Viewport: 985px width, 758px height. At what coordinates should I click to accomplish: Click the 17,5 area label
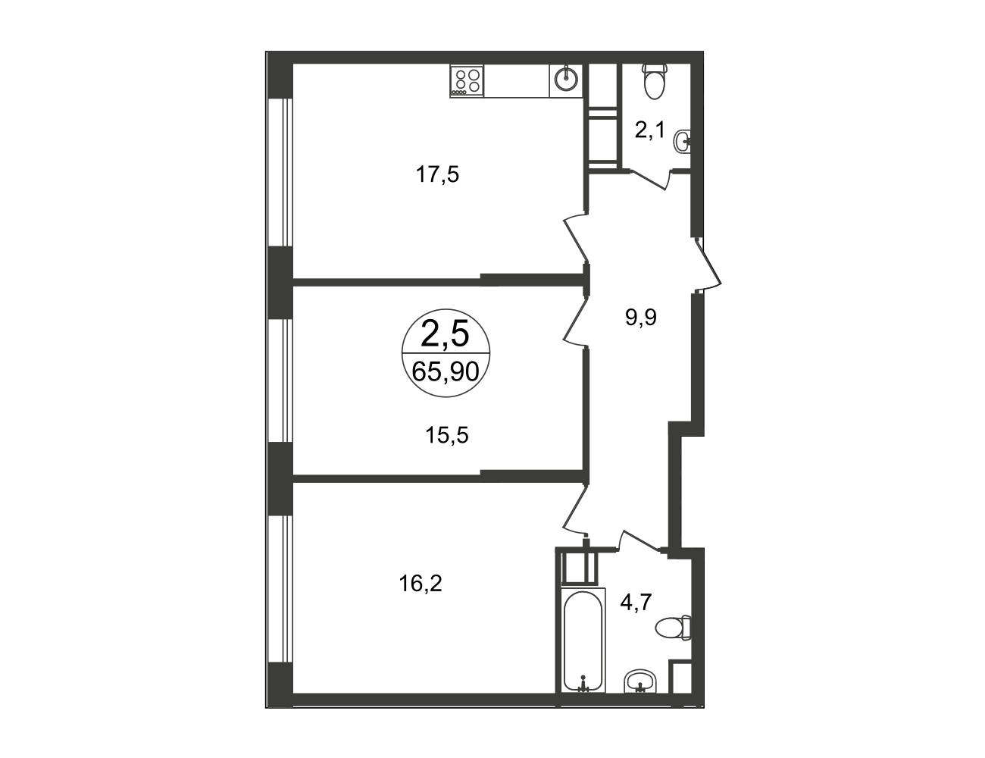coord(437,174)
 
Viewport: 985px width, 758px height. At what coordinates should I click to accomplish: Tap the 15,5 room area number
coord(446,435)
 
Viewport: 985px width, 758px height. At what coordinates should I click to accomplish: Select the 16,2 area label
coord(421,584)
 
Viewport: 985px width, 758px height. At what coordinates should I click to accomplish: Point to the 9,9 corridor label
coord(641,318)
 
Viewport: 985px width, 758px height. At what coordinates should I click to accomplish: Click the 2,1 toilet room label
coord(649,130)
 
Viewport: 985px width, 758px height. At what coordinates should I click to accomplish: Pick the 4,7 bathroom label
coord(636,603)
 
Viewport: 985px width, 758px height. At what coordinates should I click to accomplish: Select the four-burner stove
coord(467,80)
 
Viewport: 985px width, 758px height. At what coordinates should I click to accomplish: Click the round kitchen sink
coord(566,80)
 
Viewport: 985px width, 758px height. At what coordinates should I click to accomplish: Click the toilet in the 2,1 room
coord(655,82)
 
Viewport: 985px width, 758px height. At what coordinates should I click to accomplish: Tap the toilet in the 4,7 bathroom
coord(673,628)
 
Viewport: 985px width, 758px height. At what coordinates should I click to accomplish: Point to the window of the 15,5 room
coord(280,380)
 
